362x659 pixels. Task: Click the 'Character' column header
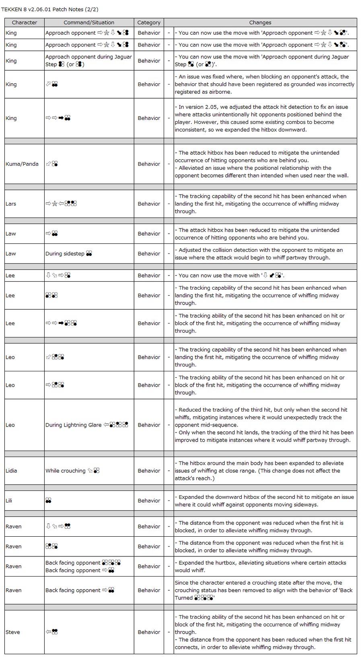pos(24,23)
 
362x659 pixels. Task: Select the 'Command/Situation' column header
pos(89,23)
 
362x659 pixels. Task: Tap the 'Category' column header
pos(149,23)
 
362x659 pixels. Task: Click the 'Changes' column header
pos(260,23)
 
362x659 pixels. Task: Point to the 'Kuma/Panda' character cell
pos(22,164)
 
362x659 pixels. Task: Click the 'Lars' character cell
pos(11,204)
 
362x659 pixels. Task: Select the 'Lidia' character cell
pos(11,471)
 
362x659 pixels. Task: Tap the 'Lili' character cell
pos(9,500)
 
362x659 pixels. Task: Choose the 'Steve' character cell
pos(12,632)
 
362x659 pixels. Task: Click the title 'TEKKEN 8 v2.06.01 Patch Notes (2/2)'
pos(50,9)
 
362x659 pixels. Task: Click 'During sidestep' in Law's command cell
pos(65,253)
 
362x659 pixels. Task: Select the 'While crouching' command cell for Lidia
pos(66,471)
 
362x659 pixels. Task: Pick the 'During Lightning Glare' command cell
pos(74,425)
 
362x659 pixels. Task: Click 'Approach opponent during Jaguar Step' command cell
pos(88,60)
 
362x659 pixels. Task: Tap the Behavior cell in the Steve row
pos(149,632)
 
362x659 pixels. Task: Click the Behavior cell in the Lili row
pos(149,500)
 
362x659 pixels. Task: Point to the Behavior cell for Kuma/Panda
pos(149,164)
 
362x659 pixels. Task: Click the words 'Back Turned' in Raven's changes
pos(344,590)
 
